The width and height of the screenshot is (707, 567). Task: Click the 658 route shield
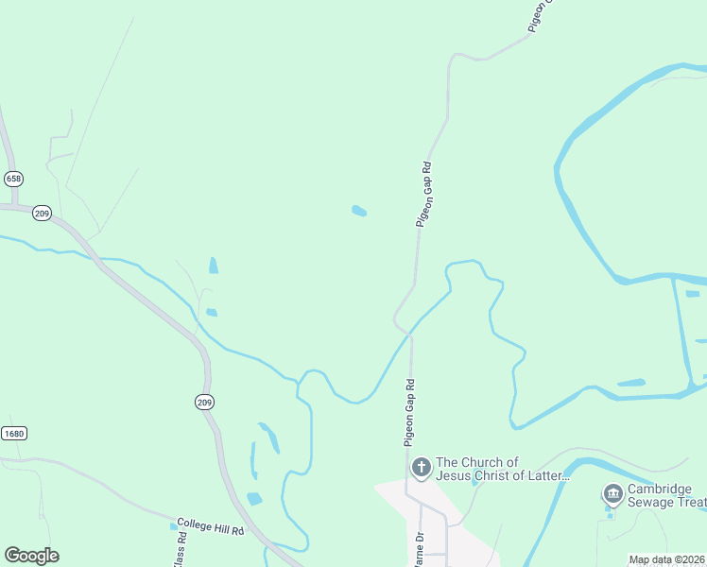(x=13, y=179)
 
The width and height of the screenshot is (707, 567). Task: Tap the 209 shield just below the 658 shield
(x=42, y=213)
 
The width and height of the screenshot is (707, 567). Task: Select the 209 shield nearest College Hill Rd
(x=205, y=403)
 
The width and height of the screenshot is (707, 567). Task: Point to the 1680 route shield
(x=13, y=434)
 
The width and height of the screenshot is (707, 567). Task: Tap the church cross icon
(x=421, y=467)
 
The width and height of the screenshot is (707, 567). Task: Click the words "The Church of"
(x=477, y=462)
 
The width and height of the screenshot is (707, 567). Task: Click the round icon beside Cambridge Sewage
(x=612, y=493)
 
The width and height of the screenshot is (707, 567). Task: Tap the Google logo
(x=31, y=556)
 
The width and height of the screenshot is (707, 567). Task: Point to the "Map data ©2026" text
(x=667, y=559)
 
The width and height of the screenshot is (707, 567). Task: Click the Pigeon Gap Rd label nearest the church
(x=409, y=413)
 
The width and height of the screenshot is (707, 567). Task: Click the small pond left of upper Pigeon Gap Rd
(x=359, y=211)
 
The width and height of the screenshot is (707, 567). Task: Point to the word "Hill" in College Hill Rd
(x=219, y=530)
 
